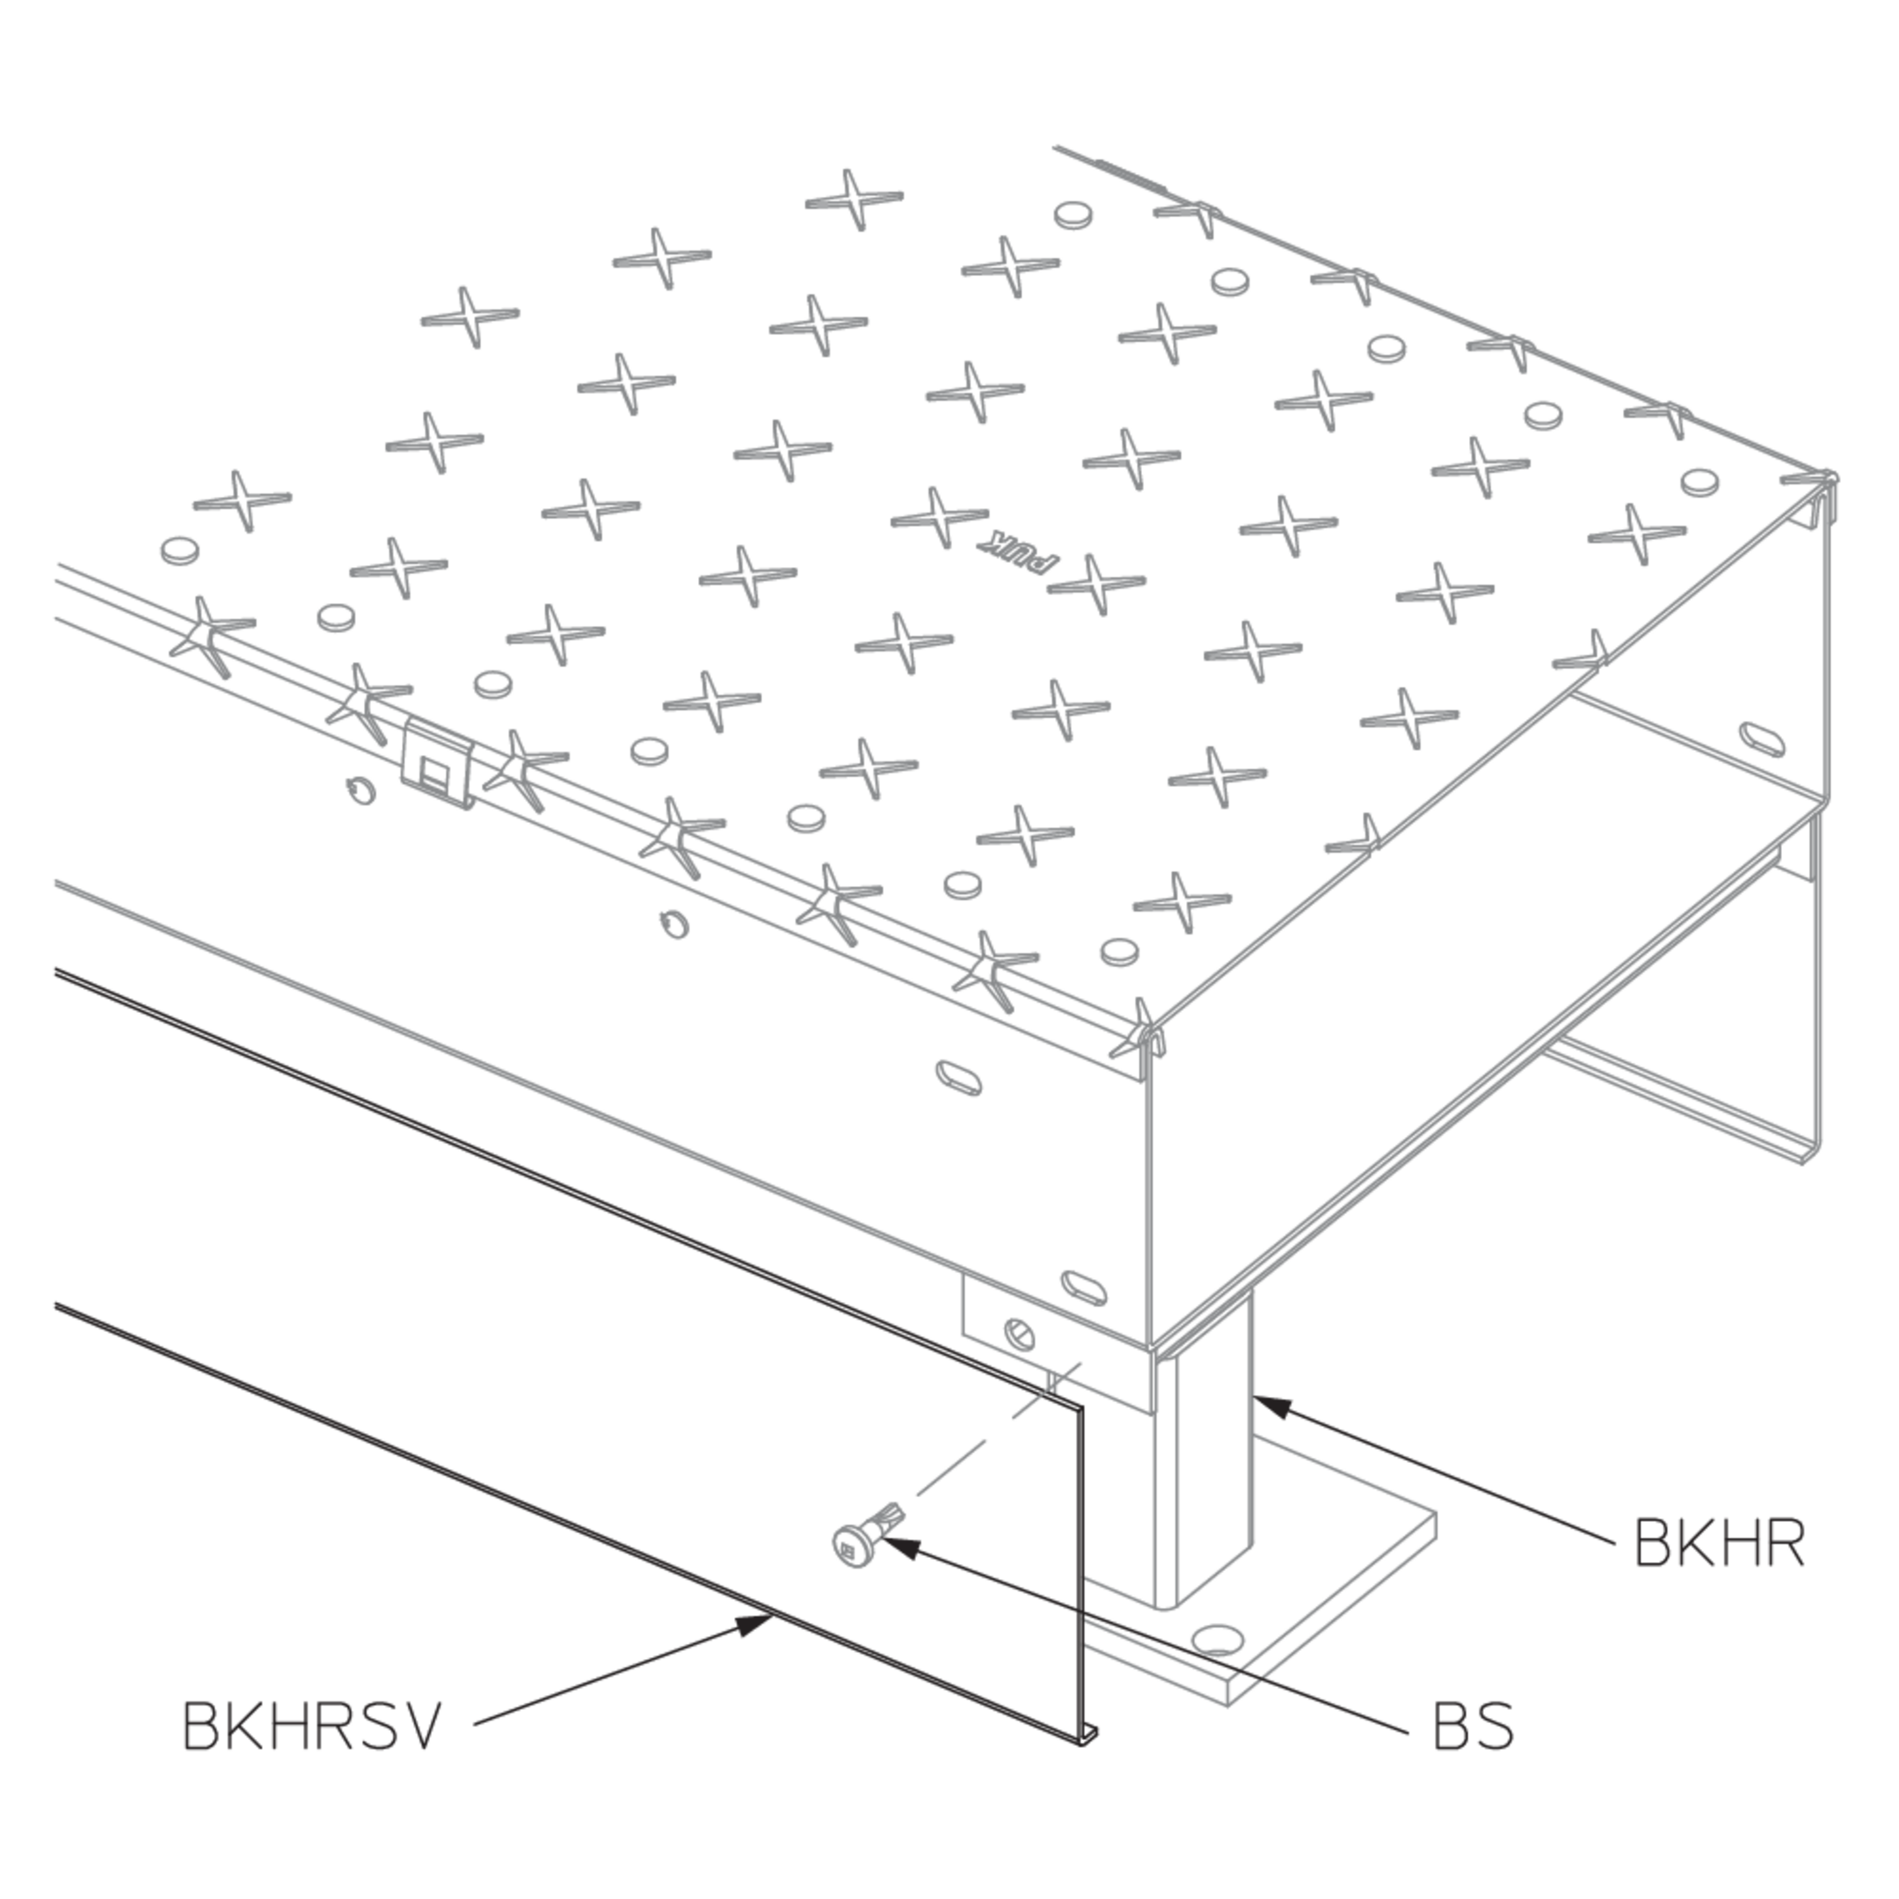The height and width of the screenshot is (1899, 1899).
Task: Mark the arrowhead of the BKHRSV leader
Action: [756, 1624]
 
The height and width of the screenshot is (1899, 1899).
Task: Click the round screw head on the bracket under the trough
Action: [1019, 1335]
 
